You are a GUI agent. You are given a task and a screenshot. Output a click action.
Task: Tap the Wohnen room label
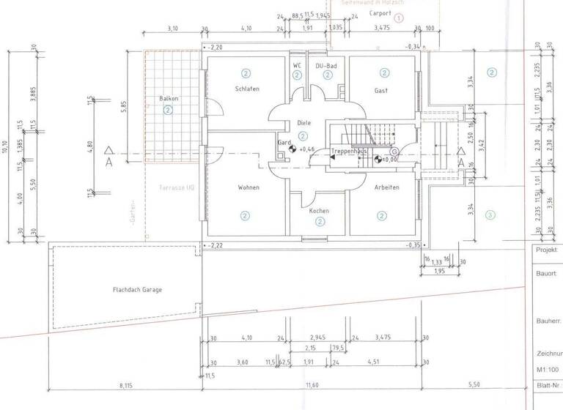(x=249, y=187)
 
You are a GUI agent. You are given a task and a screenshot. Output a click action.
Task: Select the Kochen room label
(x=319, y=211)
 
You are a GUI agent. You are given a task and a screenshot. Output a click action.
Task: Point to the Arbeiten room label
(x=386, y=187)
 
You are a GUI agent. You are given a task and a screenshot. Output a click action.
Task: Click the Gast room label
(x=381, y=91)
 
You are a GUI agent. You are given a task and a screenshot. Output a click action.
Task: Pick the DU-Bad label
(x=325, y=66)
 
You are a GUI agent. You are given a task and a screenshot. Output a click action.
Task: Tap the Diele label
(x=305, y=123)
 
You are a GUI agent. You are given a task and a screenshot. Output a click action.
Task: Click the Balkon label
(x=169, y=98)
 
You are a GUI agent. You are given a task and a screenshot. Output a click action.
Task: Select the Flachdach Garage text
(x=137, y=289)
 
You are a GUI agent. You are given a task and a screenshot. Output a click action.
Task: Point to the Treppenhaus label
(x=348, y=151)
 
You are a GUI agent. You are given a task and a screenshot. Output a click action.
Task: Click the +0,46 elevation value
(x=307, y=149)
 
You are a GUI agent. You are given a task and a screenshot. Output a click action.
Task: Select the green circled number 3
(x=490, y=215)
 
